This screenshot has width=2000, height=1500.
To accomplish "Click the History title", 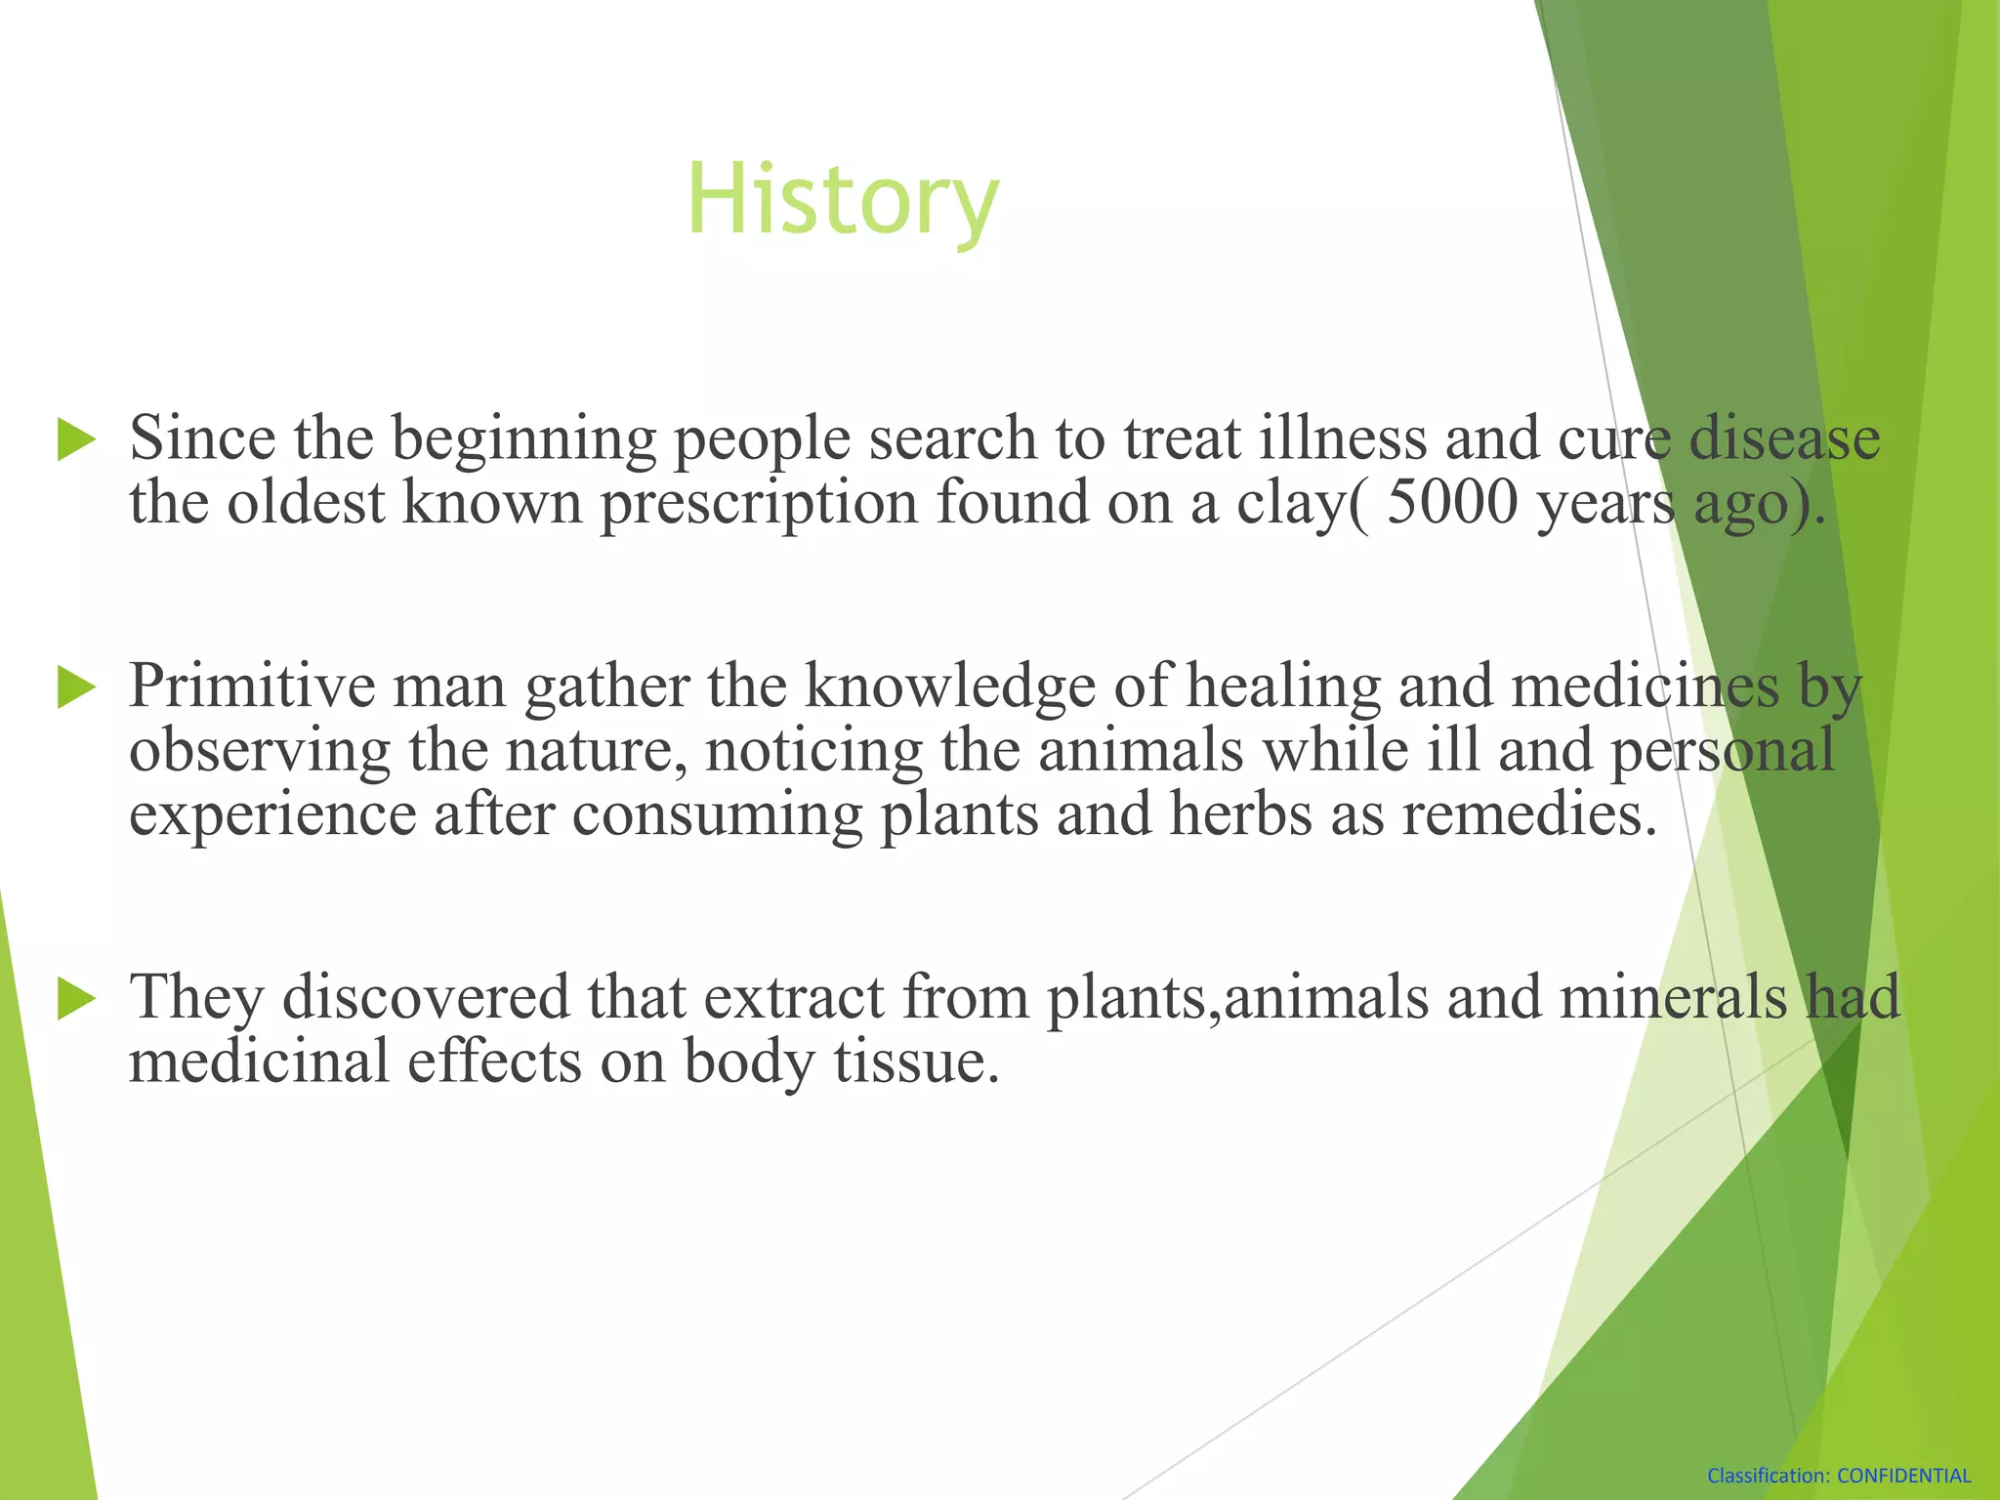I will (842, 199).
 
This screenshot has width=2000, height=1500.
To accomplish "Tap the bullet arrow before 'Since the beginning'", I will (76, 438).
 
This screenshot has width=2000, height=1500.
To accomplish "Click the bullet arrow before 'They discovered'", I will (76, 998).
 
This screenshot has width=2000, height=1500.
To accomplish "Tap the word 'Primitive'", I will (252, 687).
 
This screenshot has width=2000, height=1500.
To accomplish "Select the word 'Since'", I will (202, 438).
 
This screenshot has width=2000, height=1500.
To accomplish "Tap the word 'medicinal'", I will (259, 1062).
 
